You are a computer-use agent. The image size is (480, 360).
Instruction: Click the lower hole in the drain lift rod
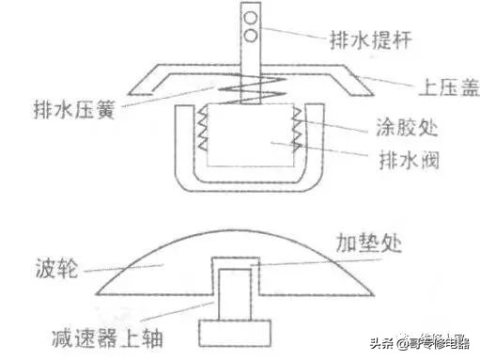(x=252, y=36)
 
